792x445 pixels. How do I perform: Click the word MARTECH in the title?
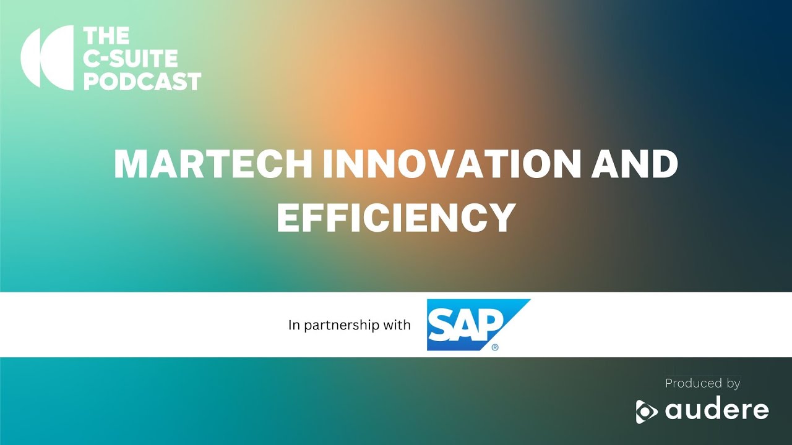213,164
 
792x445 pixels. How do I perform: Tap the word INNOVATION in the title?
452,164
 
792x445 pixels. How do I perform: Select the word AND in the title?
635,164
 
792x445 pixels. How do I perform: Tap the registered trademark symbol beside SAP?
495,347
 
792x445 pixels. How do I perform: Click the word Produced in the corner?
694,383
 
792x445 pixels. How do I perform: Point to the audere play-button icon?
647,412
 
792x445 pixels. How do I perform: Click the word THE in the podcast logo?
106,36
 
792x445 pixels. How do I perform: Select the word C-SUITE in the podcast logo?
130,59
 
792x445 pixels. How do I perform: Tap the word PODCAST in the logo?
142,82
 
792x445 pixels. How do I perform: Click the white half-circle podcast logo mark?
47,57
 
